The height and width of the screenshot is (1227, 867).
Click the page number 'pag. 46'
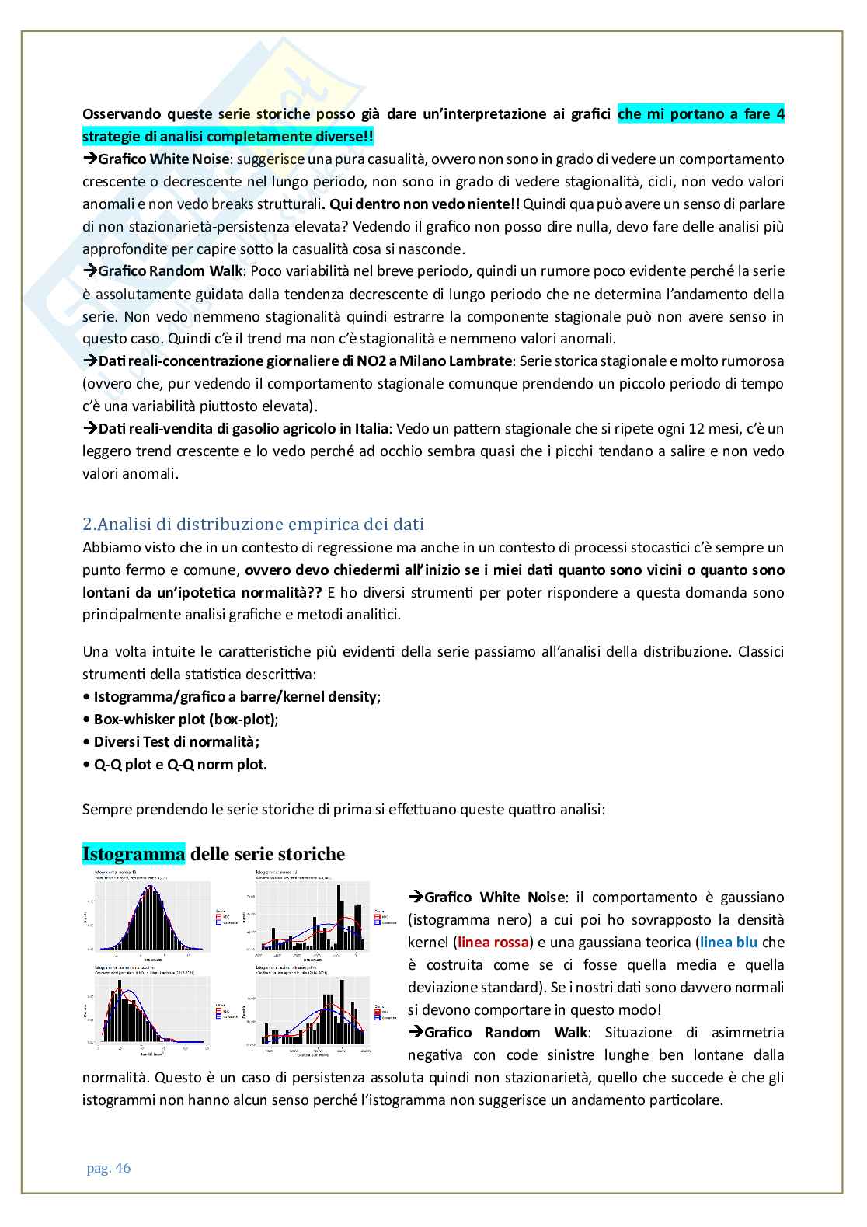pyautogui.click(x=109, y=1168)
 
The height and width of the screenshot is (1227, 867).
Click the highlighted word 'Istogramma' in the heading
pyautogui.click(x=134, y=854)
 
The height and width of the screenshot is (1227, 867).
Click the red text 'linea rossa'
pyautogui.click(x=493, y=943)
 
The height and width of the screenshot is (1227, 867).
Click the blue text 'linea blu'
pyautogui.click(x=729, y=943)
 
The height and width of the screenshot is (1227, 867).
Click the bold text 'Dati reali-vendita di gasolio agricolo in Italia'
pyautogui.click(x=243, y=429)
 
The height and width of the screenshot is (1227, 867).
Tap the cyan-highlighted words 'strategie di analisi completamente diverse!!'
pyautogui.click(x=228, y=137)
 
